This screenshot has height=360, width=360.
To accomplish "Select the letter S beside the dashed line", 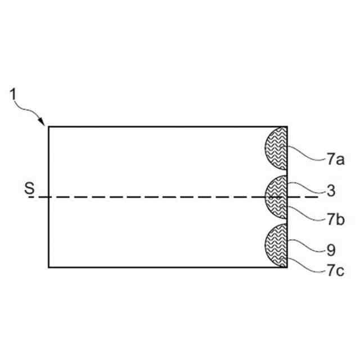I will [x=29, y=189].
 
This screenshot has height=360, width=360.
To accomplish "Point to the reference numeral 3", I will [x=331, y=191].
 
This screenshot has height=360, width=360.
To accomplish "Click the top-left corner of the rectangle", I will [x=48, y=127].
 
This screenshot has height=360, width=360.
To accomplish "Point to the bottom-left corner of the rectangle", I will [x=48, y=267].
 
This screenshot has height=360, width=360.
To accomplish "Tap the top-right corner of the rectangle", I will [x=287, y=127].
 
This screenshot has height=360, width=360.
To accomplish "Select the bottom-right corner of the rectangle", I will [x=287, y=267].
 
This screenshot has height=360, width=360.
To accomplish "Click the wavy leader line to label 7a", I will [x=307, y=153].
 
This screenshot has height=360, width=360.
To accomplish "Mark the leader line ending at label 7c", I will [x=307, y=264].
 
